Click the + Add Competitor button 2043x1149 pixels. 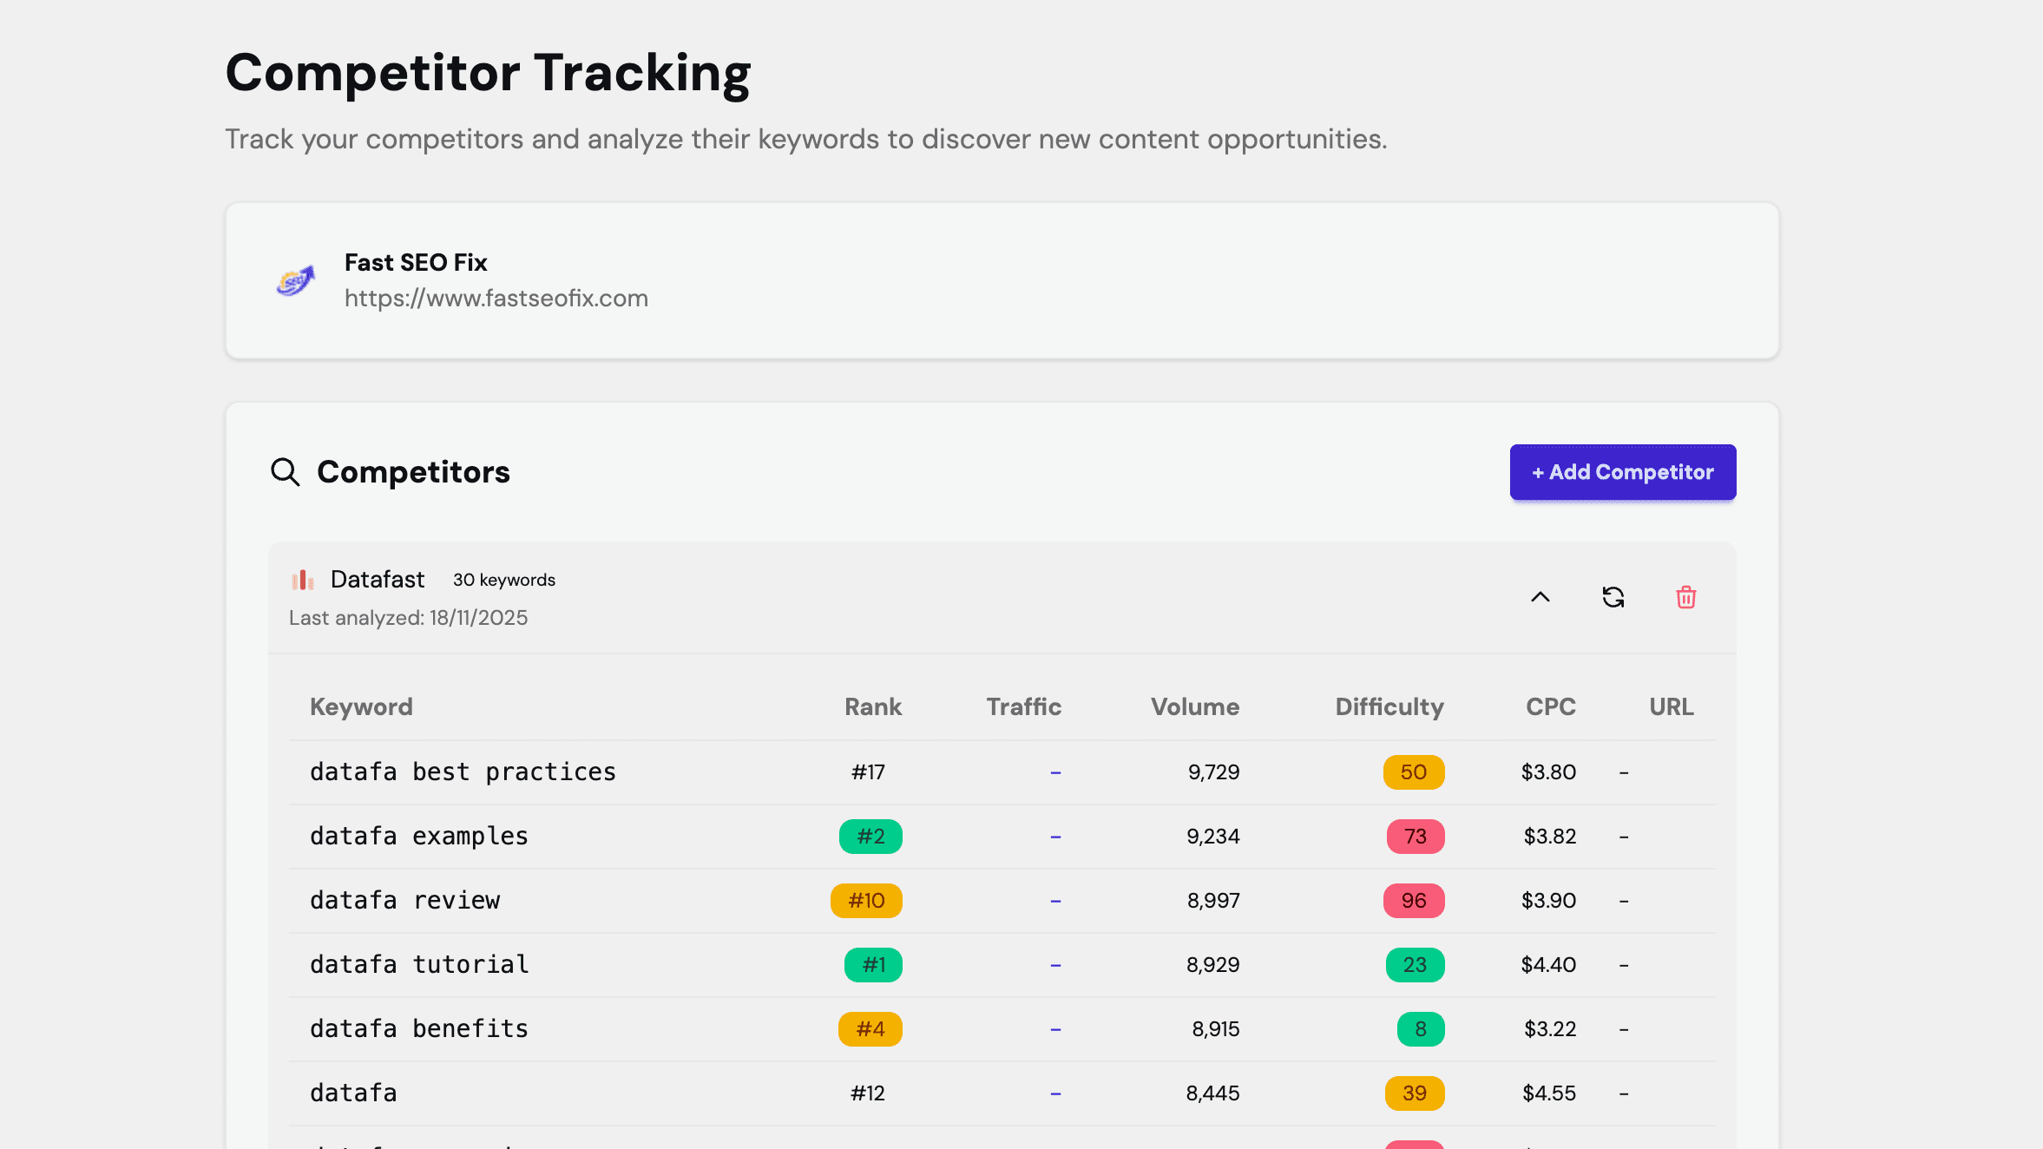click(x=1622, y=472)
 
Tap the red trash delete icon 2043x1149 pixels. click(x=1685, y=597)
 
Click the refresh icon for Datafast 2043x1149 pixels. click(x=1613, y=597)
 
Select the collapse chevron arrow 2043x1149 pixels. click(x=1540, y=597)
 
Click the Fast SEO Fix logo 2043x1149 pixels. click(x=295, y=281)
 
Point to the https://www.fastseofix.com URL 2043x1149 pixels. click(x=496, y=299)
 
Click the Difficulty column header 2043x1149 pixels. click(x=1389, y=706)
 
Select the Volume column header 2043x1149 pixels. click(x=1194, y=706)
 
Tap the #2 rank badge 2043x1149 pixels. click(x=870, y=837)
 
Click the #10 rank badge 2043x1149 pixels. click(x=866, y=901)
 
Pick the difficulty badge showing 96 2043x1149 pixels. click(x=1413, y=901)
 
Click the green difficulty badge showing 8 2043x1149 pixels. click(x=1420, y=1029)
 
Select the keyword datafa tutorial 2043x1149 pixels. click(x=419, y=965)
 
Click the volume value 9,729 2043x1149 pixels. click(x=1213, y=772)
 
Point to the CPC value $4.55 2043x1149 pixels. click(x=1548, y=1093)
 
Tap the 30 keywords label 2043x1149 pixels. click(x=503, y=580)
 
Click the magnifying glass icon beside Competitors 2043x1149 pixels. click(x=285, y=472)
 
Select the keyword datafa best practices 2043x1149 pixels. click(x=463, y=772)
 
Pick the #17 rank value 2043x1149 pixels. click(x=868, y=772)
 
